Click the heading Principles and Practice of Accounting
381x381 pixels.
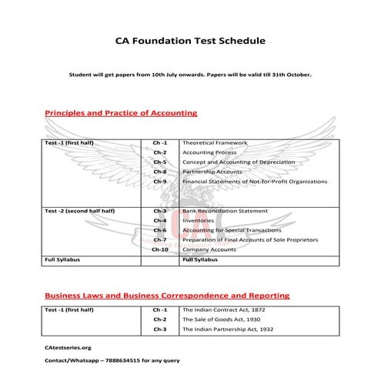click(121, 113)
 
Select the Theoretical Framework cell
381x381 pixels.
click(215, 143)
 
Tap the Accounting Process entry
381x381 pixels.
click(209, 152)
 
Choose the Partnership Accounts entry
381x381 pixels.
click(212, 172)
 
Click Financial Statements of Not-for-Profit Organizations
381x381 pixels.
click(254, 182)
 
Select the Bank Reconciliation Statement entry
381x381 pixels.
click(225, 210)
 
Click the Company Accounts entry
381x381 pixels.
click(209, 249)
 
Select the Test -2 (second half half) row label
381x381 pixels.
click(79, 210)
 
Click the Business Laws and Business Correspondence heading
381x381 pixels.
click(167, 295)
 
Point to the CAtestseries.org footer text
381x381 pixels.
click(68, 348)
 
